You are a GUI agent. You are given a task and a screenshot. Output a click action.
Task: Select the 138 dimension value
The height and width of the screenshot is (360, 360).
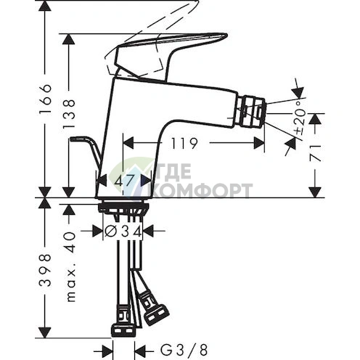(70, 114)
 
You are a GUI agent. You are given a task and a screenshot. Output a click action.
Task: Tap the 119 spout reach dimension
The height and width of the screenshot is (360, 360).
(189, 144)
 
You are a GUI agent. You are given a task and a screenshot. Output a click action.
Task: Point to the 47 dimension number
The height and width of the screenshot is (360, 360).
(128, 180)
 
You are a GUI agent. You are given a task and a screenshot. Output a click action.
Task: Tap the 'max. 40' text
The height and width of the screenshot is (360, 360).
(70, 269)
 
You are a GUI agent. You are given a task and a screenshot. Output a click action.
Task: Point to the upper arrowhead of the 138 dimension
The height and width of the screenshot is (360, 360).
(70, 41)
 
